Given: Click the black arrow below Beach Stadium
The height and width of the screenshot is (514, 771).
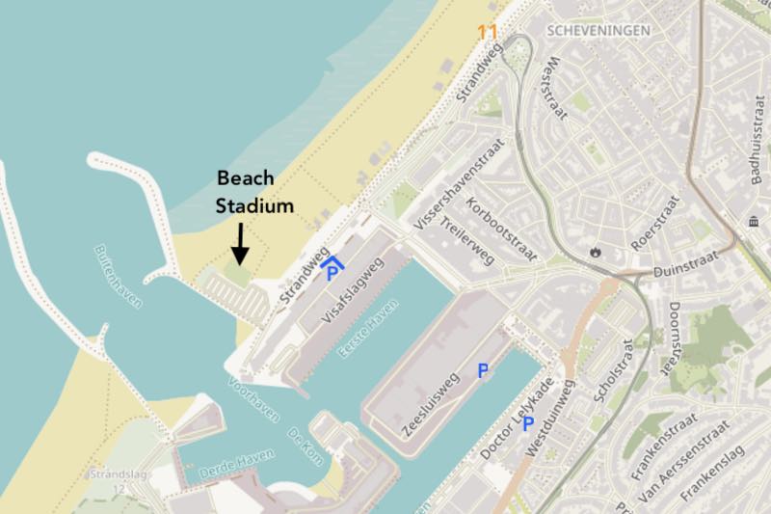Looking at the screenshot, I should (x=240, y=242).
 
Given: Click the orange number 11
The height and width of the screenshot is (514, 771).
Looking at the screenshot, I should (x=488, y=32).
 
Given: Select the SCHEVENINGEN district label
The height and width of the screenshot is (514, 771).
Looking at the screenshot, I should (x=598, y=30).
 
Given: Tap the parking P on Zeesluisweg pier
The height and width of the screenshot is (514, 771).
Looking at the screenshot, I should (x=483, y=369).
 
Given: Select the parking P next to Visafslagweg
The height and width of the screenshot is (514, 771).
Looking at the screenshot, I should (x=332, y=274).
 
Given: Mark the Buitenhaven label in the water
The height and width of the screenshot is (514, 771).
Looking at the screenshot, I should (x=119, y=276).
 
